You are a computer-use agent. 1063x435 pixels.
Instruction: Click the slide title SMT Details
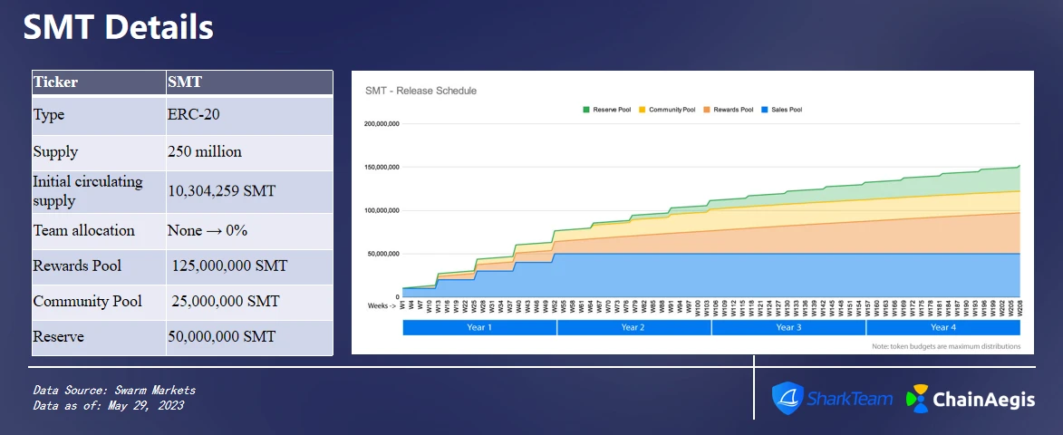click(x=118, y=28)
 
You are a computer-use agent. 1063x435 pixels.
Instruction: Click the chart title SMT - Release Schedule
click(x=420, y=91)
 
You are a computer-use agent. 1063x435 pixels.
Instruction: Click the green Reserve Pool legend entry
click(x=607, y=110)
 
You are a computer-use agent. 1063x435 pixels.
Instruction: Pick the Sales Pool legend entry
click(x=783, y=110)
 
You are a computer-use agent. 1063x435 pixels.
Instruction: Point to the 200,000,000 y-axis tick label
click(x=382, y=124)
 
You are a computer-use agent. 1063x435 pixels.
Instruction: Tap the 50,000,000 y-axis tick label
click(x=383, y=254)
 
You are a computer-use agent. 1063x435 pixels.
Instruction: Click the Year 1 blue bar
click(x=479, y=327)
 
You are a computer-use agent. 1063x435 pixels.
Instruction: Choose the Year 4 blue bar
click(x=942, y=327)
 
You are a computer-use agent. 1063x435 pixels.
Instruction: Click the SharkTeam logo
click(x=833, y=398)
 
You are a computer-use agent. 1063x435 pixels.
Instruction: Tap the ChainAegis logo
click(x=971, y=399)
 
